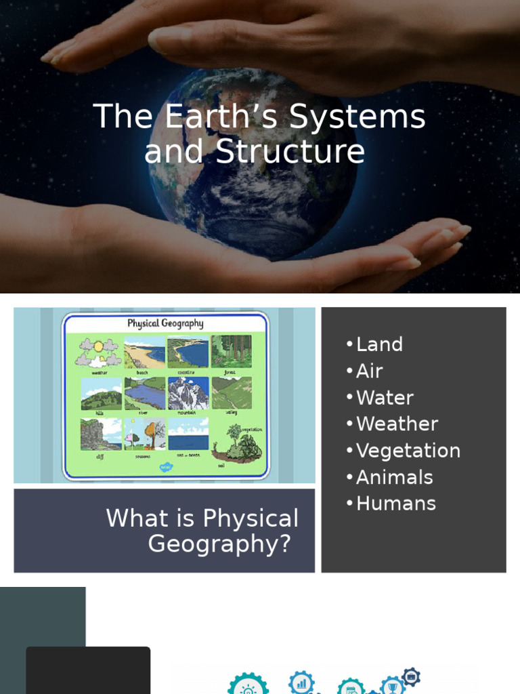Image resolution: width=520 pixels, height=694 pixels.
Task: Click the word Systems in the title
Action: coord(357,117)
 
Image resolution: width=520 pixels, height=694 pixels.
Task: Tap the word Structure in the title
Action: coord(290,152)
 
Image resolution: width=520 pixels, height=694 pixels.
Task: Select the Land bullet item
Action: coord(378,344)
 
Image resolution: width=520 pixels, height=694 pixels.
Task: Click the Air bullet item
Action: coord(369,371)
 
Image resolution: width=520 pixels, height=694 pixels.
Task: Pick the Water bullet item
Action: coord(384,397)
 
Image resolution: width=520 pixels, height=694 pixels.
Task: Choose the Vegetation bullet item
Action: coord(408,451)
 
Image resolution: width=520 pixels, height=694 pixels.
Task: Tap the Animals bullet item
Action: coord(394,477)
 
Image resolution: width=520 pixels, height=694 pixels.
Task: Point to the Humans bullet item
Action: coord(395,504)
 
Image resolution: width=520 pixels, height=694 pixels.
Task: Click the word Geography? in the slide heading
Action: coord(219,544)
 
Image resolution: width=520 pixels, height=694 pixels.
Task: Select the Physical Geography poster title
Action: coord(165,323)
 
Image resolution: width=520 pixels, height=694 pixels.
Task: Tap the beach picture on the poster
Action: coord(144,352)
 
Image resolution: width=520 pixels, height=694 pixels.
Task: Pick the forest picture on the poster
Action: coord(231,351)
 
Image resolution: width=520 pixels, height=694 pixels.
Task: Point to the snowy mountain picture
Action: coord(188,393)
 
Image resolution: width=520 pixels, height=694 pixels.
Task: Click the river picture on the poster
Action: coord(144,393)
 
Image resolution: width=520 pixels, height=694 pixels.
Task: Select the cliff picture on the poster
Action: coord(101,434)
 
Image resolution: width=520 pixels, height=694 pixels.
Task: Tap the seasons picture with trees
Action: coord(144,434)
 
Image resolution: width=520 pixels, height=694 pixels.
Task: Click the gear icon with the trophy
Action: coord(392,686)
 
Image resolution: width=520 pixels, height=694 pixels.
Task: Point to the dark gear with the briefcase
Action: coord(411,676)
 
